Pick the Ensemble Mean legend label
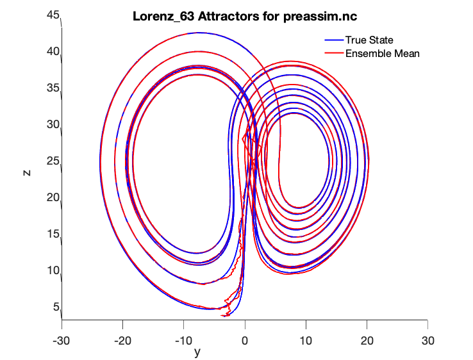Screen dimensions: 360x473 coord(382,53)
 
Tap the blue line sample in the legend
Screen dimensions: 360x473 coord(332,41)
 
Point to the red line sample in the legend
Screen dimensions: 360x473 coord(332,53)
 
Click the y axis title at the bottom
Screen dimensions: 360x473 coord(197,352)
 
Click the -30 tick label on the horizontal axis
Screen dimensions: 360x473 coord(61,339)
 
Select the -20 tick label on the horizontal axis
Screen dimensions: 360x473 coord(122,339)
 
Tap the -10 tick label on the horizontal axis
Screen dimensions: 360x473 coord(183,339)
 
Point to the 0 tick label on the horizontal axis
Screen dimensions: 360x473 coord(245,339)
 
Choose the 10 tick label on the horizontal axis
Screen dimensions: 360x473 coord(306,339)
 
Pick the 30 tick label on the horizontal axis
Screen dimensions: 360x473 coord(428,339)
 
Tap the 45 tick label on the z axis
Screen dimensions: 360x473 coord(53,15)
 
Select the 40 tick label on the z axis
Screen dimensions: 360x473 coord(53,51)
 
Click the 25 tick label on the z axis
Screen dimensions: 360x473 coord(53,161)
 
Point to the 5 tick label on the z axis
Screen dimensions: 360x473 coord(56,307)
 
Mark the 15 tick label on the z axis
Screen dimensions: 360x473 coord(53,234)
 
